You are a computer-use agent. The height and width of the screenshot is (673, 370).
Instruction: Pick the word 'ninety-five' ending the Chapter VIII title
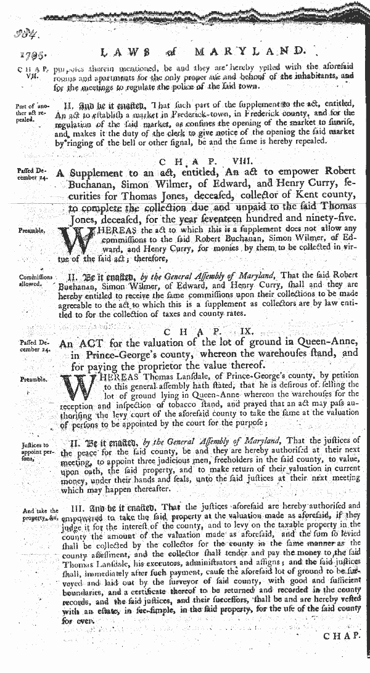click(311, 217)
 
